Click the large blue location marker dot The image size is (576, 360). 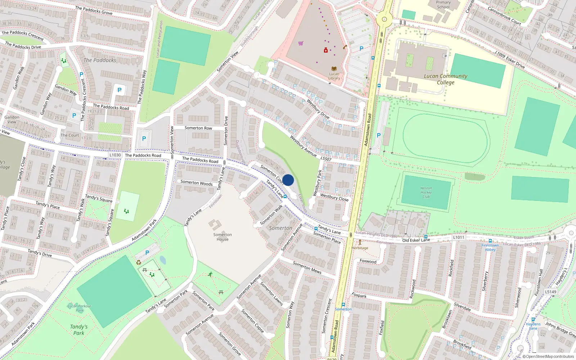coord(288,180)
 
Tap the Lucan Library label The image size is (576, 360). coord(334,76)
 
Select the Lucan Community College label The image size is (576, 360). coord(446,79)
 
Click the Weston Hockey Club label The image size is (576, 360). coord(426,192)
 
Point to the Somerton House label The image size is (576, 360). coord(222,237)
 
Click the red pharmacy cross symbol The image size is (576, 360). coord(326,50)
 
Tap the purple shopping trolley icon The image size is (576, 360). coord(301,43)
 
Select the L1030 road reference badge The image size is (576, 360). coord(115,155)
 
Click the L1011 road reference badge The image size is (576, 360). coord(459,237)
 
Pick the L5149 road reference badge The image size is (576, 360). coord(550,292)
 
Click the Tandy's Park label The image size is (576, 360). coord(79,330)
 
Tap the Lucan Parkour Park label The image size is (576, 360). coord(80,308)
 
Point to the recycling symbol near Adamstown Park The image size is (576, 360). coord(139,262)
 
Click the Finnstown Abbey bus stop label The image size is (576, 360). coord(490,247)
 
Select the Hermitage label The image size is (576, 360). coord(360,248)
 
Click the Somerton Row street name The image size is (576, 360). coord(198,128)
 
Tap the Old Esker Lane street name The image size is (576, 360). coord(416,240)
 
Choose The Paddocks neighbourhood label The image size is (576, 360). coord(100,60)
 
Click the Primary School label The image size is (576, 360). coord(443,5)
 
